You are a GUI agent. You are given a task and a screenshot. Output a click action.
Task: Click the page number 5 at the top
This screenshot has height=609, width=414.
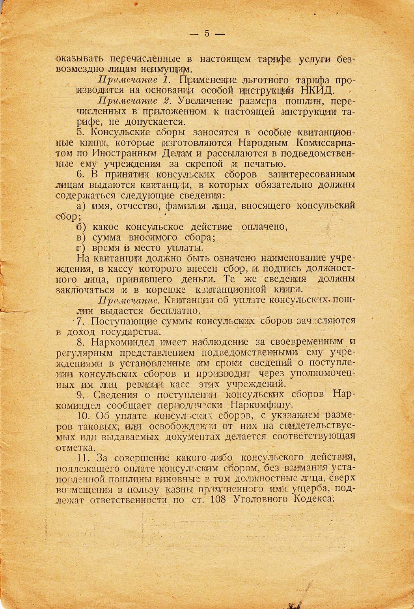206,34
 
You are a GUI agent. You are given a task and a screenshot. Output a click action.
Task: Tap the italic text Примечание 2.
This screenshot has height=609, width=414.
134,101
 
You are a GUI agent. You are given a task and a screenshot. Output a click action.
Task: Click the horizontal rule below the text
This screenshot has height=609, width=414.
205,521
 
